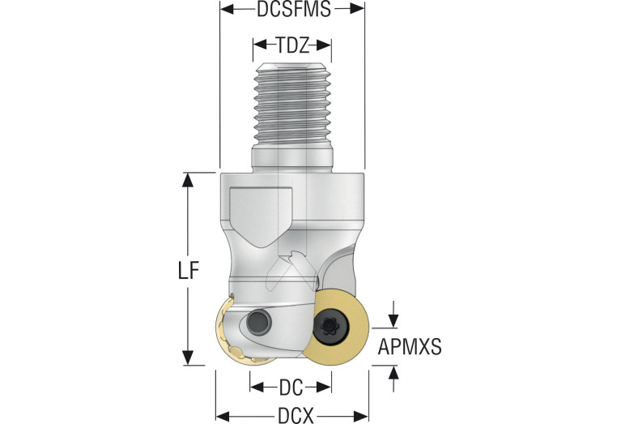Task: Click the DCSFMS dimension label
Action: pos(293,9)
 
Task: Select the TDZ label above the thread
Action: pos(292,45)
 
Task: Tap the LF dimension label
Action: pos(188,272)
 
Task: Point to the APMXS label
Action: pos(410,347)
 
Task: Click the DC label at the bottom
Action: pos(291,388)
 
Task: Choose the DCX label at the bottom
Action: pos(296,416)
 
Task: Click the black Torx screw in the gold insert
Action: pos(330,327)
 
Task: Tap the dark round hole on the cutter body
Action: pos(259,323)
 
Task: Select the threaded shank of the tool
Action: pos(292,105)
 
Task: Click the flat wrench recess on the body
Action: pos(260,216)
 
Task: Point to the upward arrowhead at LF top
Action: pos(187,180)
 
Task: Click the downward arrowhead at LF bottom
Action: pos(188,358)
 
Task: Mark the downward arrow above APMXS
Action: pos(393,314)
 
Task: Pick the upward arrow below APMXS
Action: pos(393,379)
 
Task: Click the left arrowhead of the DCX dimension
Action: pos(223,417)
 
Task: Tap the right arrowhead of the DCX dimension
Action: pos(361,417)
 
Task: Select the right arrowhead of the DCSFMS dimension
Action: pos(357,9)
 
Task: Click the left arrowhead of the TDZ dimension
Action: pos(260,45)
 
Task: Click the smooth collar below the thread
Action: pos(292,159)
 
